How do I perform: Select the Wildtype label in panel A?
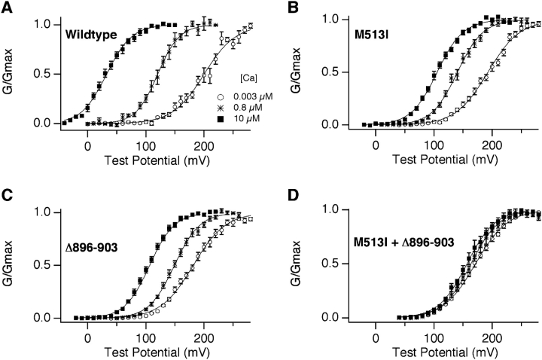tap(88, 34)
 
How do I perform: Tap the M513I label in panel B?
tap(370, 34)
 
